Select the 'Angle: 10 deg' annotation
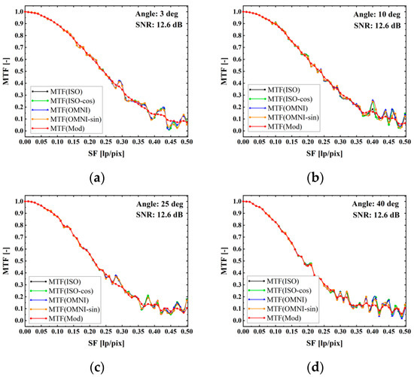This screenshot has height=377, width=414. (x=379, y=14)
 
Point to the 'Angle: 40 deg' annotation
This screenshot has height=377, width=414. (x=379, y=203)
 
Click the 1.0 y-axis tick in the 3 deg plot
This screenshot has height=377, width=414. (x=17, y=12)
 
